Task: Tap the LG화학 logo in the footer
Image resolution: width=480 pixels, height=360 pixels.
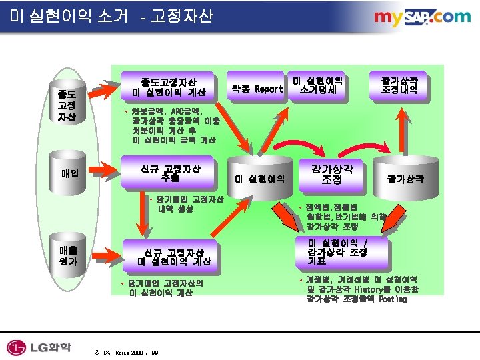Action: click(x=39, y=347)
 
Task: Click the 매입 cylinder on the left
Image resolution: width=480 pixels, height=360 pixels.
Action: click(x=69, y=174)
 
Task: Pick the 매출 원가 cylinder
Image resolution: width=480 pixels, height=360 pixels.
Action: click(x=69, y=256)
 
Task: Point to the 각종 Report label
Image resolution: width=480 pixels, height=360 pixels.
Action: click(x=257, y=89)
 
